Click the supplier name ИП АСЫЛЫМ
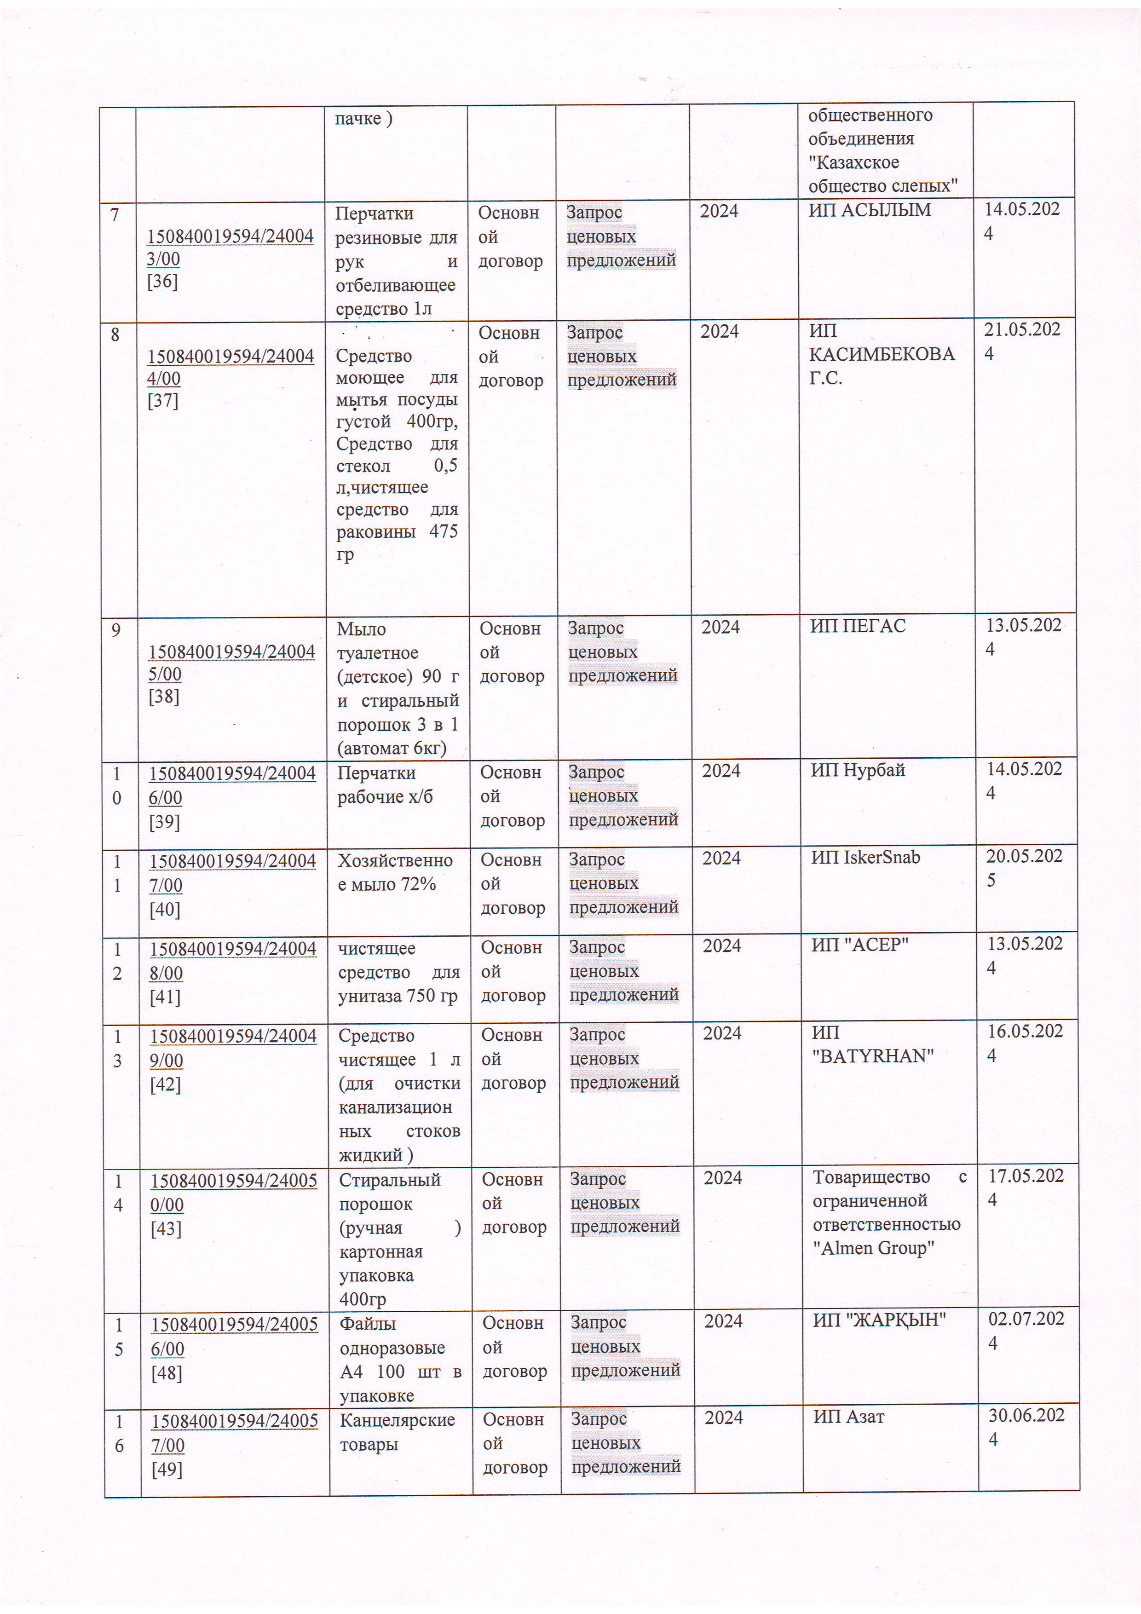(x=869, y=210)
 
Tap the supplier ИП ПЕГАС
(x=858, y=626)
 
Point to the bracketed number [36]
(x=162, y=281)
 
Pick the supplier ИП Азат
(x=848, y=1417)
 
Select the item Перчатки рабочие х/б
(x=385, y=784)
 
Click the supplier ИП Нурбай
(x=858, y=770)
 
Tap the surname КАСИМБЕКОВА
(x=882, y=354)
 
